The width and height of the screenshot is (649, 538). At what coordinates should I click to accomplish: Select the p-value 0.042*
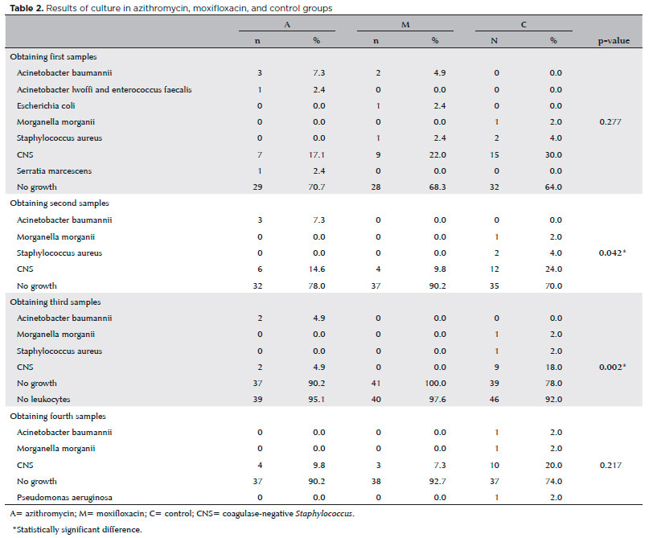[614, 253]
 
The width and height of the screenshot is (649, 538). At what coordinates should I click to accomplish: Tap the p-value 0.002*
[614, 368]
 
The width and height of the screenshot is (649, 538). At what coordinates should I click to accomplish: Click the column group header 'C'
[524, 25]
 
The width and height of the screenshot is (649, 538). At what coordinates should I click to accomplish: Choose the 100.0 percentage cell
[433, 384]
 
